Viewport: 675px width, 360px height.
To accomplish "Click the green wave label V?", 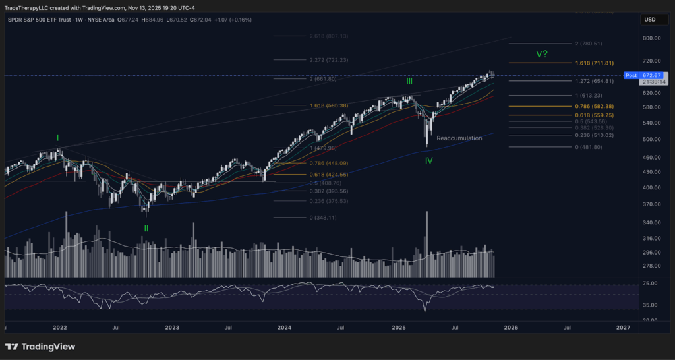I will (542, 54).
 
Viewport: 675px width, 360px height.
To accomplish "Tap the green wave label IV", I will (428, 160).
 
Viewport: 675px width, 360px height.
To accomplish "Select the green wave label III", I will (409, 81).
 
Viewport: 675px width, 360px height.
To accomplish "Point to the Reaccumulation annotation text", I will (459, 138).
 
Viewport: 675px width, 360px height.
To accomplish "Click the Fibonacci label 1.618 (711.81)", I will (595, 63).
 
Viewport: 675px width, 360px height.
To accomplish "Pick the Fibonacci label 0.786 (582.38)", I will (595, 106).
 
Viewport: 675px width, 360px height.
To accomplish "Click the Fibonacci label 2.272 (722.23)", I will (328, 60).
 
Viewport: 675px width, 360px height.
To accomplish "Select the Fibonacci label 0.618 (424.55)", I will (328, 175).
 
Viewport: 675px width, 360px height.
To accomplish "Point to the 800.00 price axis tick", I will (653, 38).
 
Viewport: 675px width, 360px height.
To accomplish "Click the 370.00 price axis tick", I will (653, 204).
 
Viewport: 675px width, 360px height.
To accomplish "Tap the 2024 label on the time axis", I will (285, 327).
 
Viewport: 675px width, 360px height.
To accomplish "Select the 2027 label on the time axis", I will (622, 327).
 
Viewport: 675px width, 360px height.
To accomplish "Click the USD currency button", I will (650, 20).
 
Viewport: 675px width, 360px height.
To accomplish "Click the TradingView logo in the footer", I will (40, 347).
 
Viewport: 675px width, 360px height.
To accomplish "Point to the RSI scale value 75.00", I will (651, 284).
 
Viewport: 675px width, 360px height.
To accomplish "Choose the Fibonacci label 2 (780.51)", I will (589, 44).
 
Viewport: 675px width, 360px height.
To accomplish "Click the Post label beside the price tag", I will (631, 76).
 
